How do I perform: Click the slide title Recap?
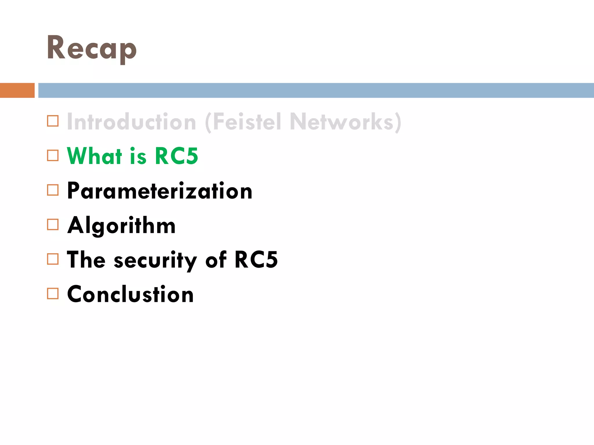tap(91, 48)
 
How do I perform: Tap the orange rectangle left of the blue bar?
tap(17, 90)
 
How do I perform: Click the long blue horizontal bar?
tap(316, 90)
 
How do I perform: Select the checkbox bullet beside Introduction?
tap(53, 121)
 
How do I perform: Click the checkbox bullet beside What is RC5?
tap(53, 156)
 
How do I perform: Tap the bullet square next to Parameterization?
tap(53, 190)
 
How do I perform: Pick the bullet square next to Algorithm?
tap(53, 225)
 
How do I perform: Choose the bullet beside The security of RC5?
tap(53, 259)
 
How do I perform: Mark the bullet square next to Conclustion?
tap(53, 293)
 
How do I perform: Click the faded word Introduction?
tap(132, 122)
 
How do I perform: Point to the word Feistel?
tap(247, 122)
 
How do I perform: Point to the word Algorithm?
tap(122, 225)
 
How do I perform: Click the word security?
tap(155, 260)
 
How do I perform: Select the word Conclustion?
tap(130, 294)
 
